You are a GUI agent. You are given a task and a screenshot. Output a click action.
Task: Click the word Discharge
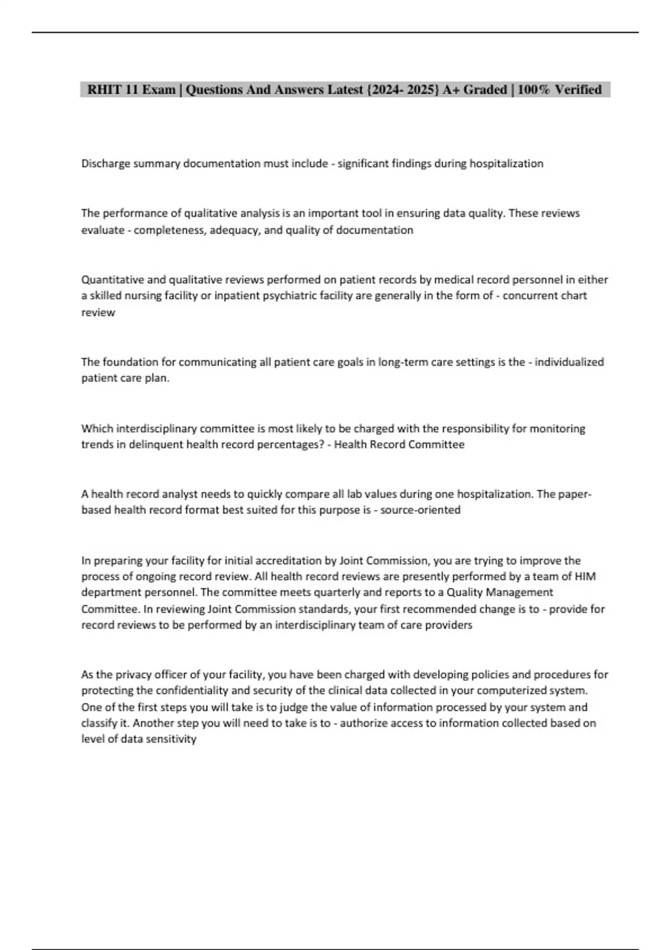pos(106,164)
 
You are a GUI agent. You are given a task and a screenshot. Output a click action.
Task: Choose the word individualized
pos(569,362)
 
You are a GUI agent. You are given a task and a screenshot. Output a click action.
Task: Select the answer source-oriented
pos(420,510)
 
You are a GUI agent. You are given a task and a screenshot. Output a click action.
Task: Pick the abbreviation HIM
pos(585,577)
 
